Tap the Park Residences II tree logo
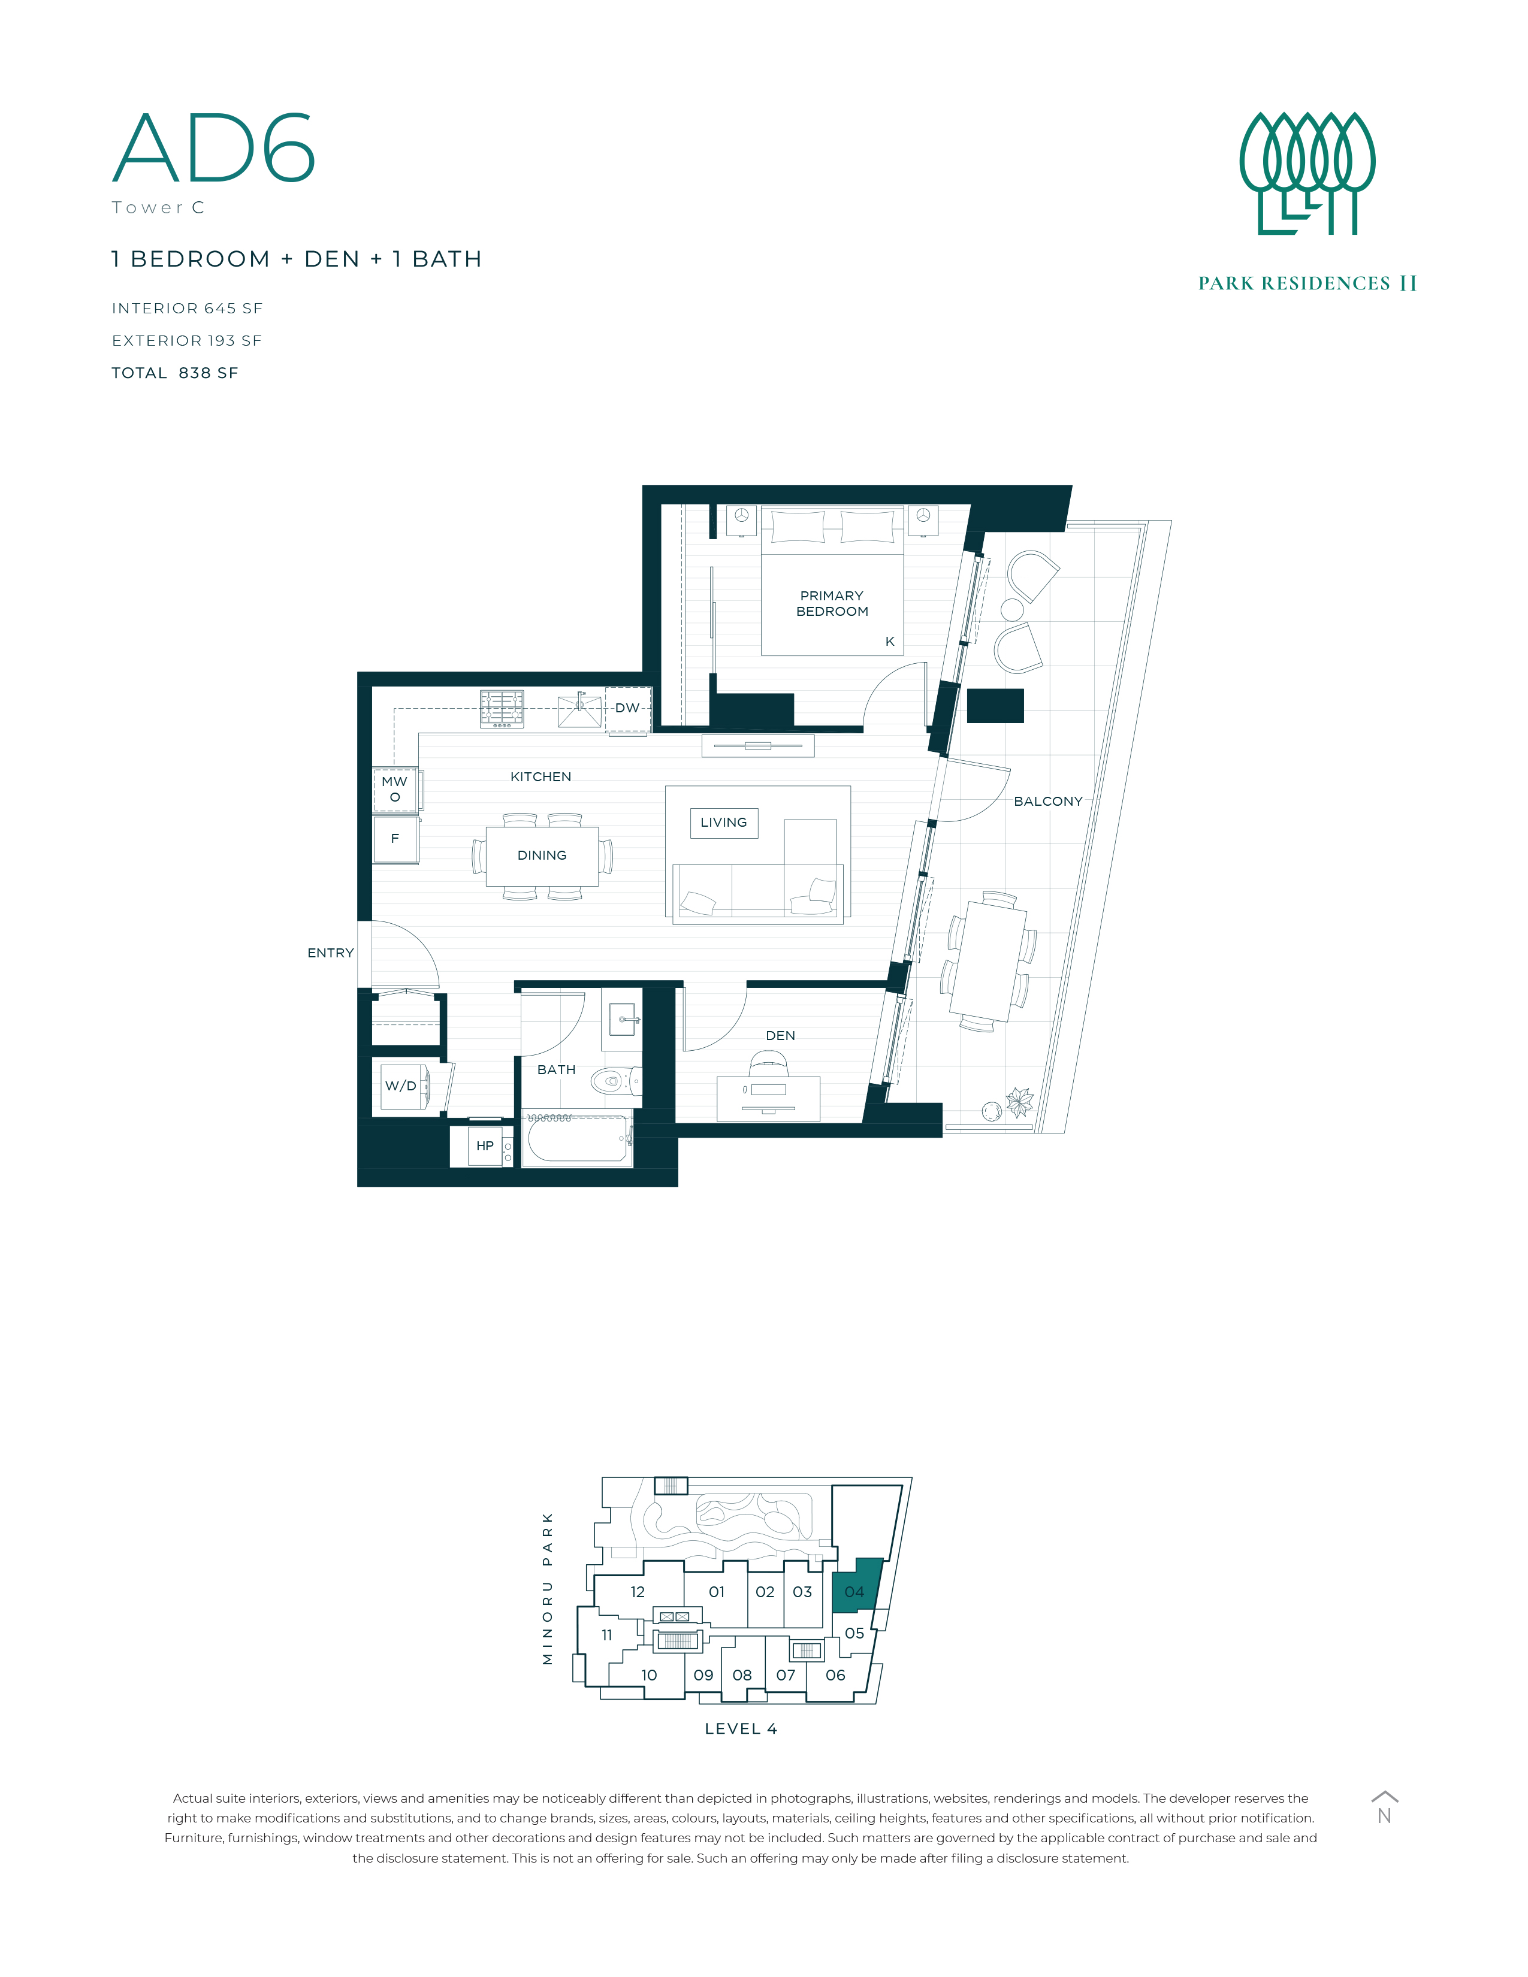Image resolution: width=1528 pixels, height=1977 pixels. click(x=1306, y=174)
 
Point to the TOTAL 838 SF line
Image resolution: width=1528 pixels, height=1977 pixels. click(x=175, y=373)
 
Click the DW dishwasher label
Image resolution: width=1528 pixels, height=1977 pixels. click(x=627, y=708)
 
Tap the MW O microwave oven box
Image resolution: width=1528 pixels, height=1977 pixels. click(x=395, y=790)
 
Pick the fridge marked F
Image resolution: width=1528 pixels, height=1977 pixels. click(x=395, y=839)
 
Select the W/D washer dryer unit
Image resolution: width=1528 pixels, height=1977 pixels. click(x=401, y=1086)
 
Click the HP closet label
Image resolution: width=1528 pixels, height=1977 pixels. click(x=485, y=1146)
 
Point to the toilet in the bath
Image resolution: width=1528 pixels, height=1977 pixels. click(x=615, y=1080)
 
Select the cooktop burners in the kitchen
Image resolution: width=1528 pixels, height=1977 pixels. click(x=502, y=709)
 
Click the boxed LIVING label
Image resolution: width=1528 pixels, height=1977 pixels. click(x=724, y=823)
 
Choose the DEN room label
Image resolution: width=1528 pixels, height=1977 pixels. click(x=780, y=1036)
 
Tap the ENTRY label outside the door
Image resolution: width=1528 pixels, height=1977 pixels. click(x=330, y=953)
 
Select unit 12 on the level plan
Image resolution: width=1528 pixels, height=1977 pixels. click(x=638, y=1592)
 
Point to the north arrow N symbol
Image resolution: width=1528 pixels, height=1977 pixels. click(x=1384, y=1809)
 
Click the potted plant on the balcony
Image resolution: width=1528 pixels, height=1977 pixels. click(x=1019, y=1102)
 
